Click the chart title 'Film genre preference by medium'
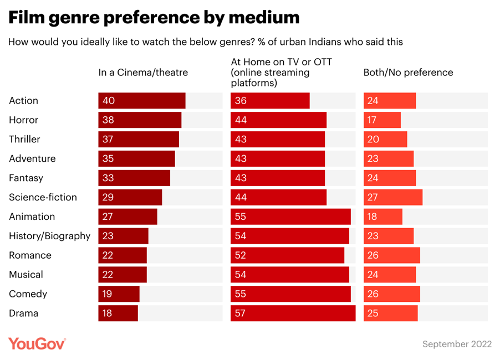point(154,18)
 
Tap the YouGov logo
point(37,343)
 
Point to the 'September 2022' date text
point(457,344)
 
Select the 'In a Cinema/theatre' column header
point(143,73)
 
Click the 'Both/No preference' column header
point(408,73)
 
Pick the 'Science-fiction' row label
point(43,197)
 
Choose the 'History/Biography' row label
point(49,236)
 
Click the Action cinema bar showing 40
point(142,101)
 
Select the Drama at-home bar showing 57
point(293,313)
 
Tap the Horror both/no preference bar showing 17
point(382,120)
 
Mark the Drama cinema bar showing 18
point(118,313)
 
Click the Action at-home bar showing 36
point(270,101)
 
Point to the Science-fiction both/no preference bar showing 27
point(393,197)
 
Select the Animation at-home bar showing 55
point(290,217)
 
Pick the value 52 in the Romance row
point(241,255)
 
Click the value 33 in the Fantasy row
point(108,178)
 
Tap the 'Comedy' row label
point(28,294)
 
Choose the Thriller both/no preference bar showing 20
point(385,140)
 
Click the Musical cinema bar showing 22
point(123,275)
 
